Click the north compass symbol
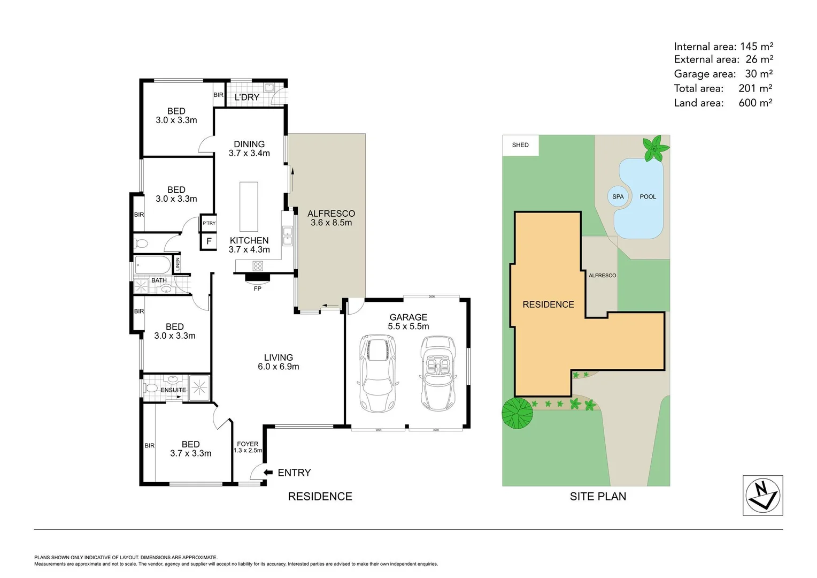tap(762, 495)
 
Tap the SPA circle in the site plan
tap(618, 196)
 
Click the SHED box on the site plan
tap(520, 145)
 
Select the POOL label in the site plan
tap(648, 196)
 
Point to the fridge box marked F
tap(209, 241)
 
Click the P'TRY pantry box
tap(209, 223)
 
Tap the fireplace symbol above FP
tap(258, 277)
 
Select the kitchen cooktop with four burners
tap(258, 265)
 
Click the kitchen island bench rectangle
tap(249, 206)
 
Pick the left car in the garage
tap(378, 372)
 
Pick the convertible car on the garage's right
tap(438, 372)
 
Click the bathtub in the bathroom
tap(153, 265)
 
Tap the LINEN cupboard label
tap(178, 264)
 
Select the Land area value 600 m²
tap(755, 103)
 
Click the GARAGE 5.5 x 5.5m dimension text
tap(408, 326)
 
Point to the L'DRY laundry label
tap(247, 97)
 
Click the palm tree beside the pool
tap(654, 148)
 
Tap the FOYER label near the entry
tap(248, 444)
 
